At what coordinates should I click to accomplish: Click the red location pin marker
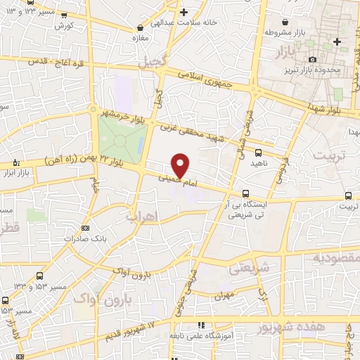pyautogui.click(x=181, y=165)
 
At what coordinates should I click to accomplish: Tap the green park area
pyautogui.click(x=120, y=141)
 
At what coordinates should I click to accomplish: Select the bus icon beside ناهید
pyautogui.click(x=258, y=152)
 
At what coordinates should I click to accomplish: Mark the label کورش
pyautogui.click(x=64, y=25)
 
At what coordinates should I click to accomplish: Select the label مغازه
pyautogui.click(x=143, y=37)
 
